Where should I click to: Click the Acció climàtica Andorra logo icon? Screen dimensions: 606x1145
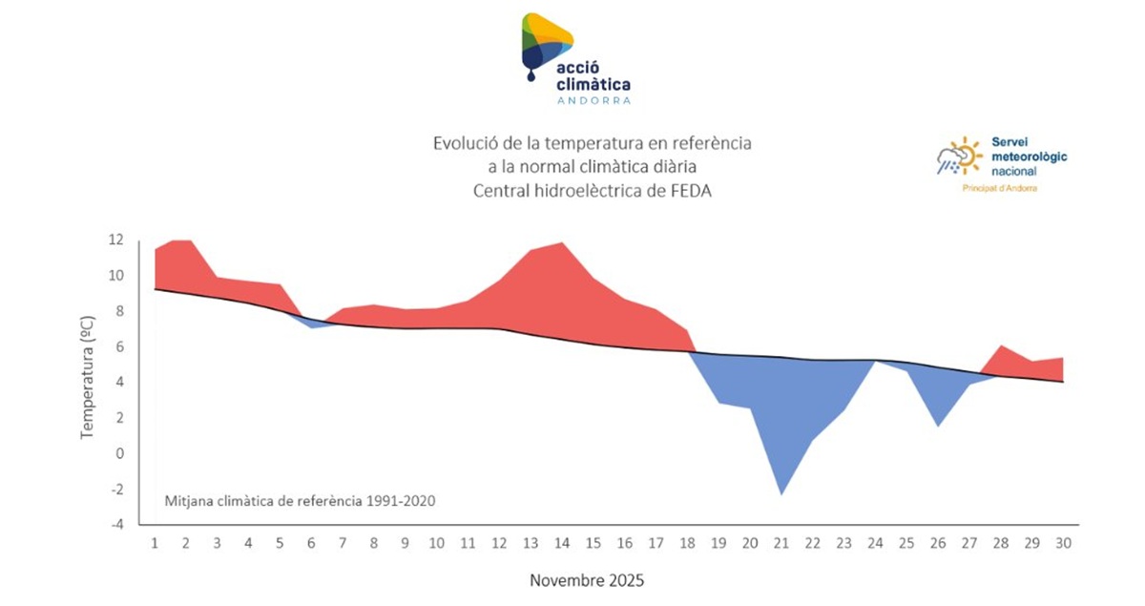[x=546, y=44]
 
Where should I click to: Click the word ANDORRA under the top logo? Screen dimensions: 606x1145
[x=593, y=99]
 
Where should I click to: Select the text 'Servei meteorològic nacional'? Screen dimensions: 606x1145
[x=1030, y=155]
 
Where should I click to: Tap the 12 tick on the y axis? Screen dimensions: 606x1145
[x=115, y=240]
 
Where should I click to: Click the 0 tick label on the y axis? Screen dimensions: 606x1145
[x=120, y=453]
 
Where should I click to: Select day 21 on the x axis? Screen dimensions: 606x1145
[x=781, y=543]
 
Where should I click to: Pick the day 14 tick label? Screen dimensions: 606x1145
[x=562, y=543]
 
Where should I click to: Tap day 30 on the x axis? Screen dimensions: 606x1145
[x=1063, y=543]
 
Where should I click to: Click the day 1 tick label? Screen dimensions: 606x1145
[x=155, y=543]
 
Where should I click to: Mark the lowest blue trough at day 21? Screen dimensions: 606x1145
[x=781, y=491]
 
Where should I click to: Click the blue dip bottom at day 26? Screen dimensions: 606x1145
[x=939, y=424]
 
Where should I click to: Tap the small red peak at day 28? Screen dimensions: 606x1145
[x=1001, y=347]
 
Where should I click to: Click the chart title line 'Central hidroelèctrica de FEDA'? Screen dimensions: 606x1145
[x=593, y=190]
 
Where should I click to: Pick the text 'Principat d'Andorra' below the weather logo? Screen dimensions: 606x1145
[x=999, y=188]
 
